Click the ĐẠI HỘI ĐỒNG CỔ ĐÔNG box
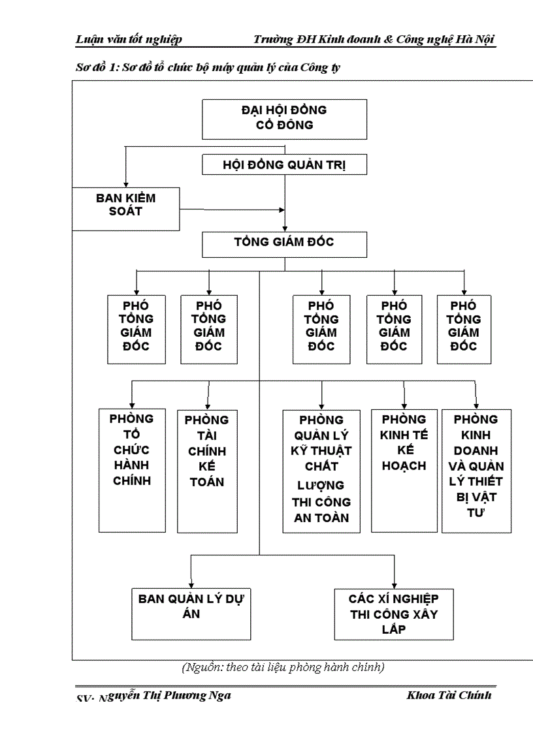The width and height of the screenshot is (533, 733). point(284,117)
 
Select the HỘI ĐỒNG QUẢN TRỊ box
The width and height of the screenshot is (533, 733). point(284,165)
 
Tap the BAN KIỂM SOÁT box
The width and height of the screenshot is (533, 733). point(125,203)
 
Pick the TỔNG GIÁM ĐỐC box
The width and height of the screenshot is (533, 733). point(284,243)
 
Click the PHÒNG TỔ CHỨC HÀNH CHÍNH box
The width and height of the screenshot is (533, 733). point(132,470)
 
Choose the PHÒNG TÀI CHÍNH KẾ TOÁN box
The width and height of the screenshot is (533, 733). point(207,471)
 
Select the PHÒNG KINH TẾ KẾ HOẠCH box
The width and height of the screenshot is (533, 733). point(404,470)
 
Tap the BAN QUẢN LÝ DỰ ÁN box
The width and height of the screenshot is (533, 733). point(191,614)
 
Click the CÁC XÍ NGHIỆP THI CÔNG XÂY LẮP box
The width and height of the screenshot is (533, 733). point(394,614)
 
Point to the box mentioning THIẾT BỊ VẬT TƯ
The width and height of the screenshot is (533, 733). point(476,471)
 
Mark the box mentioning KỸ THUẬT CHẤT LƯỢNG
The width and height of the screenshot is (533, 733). point(321,471)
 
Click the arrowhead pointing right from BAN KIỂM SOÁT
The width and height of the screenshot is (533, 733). point(282,210)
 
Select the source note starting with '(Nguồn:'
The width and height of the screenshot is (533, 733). point(282,667)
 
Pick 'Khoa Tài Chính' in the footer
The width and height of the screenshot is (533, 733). point(449,694)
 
